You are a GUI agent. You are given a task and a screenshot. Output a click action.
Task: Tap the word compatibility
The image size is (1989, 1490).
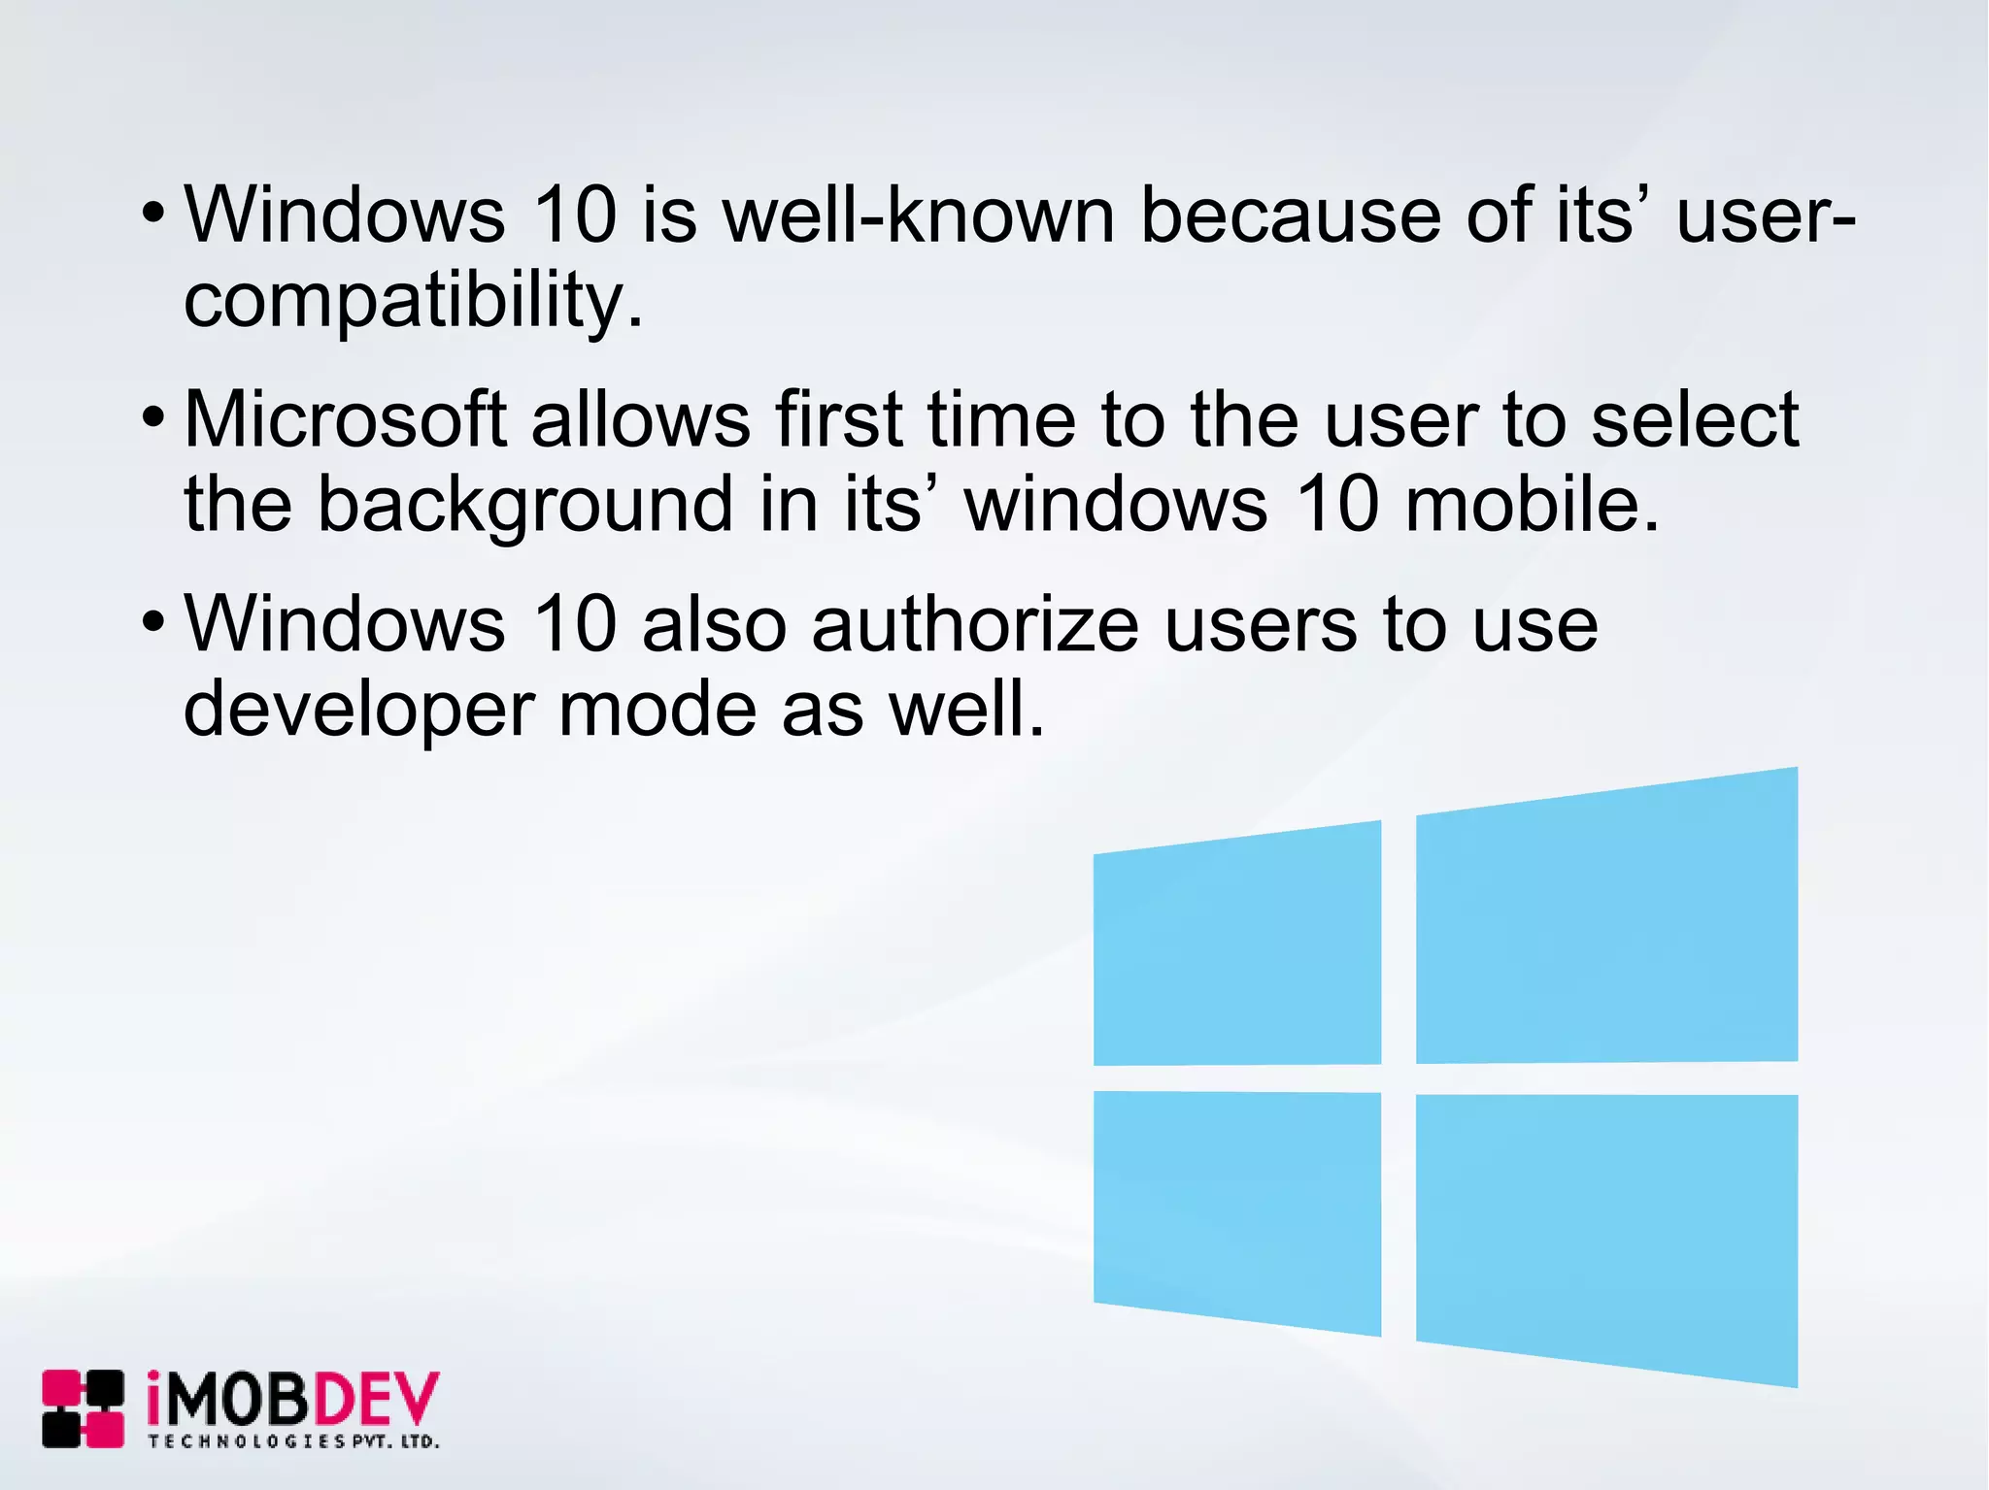point(413,301)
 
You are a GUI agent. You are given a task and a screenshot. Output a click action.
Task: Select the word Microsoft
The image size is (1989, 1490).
point(346,419)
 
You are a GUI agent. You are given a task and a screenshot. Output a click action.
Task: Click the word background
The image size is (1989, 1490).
point(524,505)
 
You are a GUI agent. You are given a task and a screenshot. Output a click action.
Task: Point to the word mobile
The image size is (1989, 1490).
point(1532,505)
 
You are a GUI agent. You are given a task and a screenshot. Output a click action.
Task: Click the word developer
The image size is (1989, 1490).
point(358,711)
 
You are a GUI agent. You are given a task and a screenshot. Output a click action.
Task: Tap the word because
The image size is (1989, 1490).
point(1291,215)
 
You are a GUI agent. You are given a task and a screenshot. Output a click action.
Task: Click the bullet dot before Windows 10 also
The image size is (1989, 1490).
point(153,622)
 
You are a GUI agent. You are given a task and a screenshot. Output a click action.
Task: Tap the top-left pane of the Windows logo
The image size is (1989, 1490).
point(1236,946)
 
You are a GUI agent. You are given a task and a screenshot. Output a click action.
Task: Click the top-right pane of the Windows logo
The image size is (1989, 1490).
point(1606,922)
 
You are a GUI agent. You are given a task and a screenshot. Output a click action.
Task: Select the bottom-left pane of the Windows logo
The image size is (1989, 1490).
point(1236,1209)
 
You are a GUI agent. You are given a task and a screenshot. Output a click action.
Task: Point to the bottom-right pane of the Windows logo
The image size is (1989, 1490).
point(1606,1233)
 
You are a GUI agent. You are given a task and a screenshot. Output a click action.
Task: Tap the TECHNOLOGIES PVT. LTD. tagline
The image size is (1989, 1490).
point(293,1441)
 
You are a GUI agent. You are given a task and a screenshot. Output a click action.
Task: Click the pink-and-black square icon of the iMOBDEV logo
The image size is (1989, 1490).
point(83,1408)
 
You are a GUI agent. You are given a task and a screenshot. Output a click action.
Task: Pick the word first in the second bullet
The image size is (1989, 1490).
point(839,419)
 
